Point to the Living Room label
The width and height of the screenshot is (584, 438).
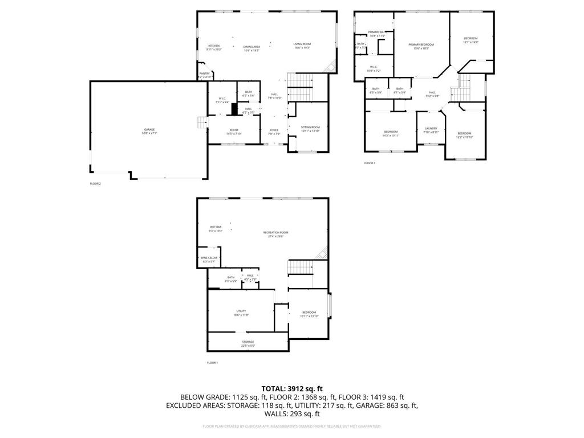click(302, 46)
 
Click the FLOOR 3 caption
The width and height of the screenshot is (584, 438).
click(370, 163)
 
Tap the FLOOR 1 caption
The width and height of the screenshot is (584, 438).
click(212, 363)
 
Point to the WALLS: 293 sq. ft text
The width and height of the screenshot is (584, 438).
click(291, 414)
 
